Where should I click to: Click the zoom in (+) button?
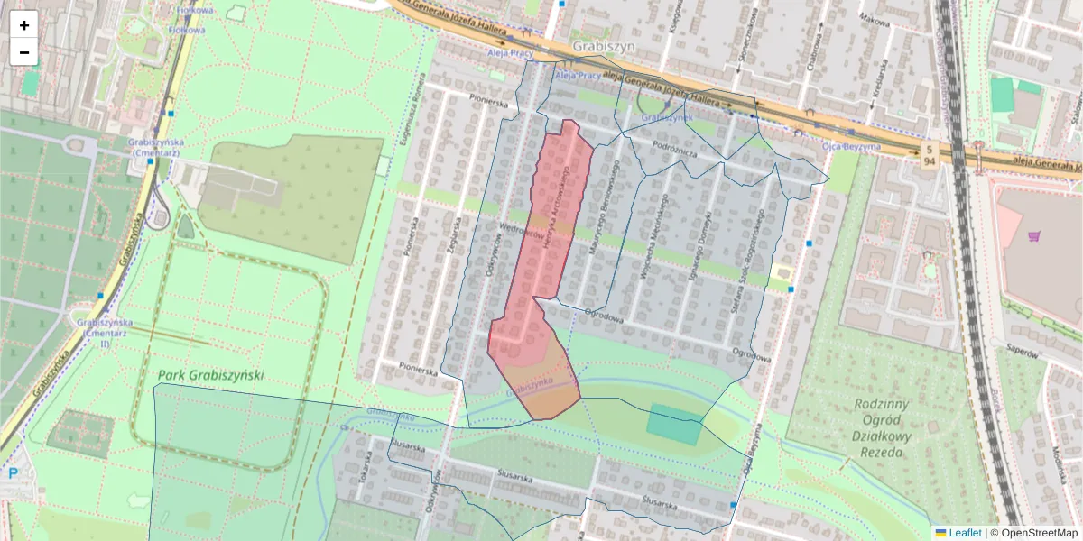pyautogui.click(x=24, y=25)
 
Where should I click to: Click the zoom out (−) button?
pyautogui.click(x=24, y=52)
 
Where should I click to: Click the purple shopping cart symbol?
pyautogui.click(x=1034, y=236)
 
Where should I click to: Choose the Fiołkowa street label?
pyautogui.click(x=190, y=30)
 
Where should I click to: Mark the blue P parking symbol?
pyautogui.click(x=14, y=473)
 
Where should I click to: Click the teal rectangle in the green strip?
pyautogui.click(x=674, y=424)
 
